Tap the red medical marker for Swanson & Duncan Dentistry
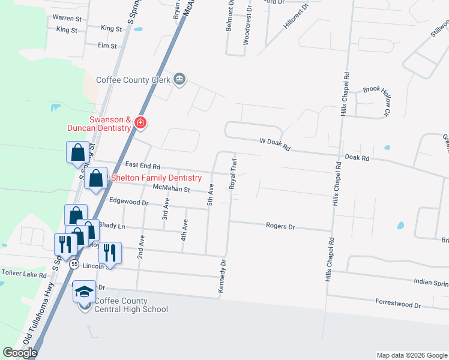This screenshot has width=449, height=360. pos(140,123)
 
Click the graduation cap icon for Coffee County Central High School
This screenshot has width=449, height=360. pos(84,292)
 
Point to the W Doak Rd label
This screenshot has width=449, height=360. pos(275,145)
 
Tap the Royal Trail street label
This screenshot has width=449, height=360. pos(233,174)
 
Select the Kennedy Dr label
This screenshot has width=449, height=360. pos(223,277)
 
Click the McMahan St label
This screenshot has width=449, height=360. pos(171,189)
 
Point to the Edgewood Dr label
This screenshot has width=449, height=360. pos(129,202)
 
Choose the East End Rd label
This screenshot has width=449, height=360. pos(143,166)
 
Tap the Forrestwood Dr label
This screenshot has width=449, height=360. pos(398,304)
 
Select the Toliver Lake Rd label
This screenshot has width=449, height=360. pos(24,274)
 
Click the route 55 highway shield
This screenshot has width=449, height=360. pos(74,263)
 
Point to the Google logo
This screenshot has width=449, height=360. pos(20,353)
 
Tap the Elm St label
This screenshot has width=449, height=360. pos(107,45)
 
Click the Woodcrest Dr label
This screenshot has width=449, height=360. pos(246,28)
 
